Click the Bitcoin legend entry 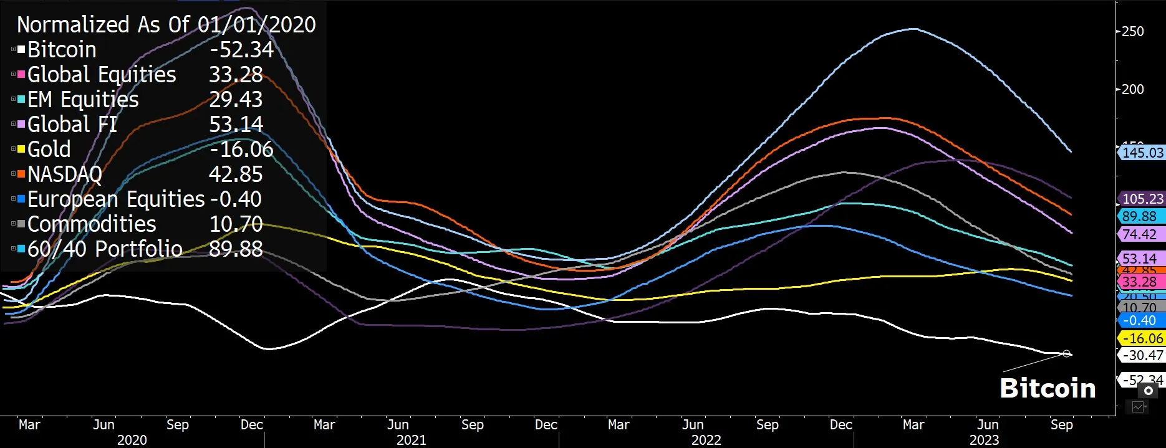[x=62, y=50]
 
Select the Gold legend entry [x=49, y=150]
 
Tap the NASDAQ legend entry [x=64, y=174]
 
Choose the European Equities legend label [x=116, y=199]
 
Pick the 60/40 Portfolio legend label [x=105, y=249]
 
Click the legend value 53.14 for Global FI [x=236, y=125]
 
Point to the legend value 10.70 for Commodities [x=236, y=224]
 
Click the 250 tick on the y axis [x=1132, y=31]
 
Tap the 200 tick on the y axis [x=1132, y=89]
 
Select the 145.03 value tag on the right [x=1142, y=153]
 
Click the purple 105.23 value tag [x=1142, y=199]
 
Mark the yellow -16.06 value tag [x=1142, y=338]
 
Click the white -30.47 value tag [x=1142, y=355]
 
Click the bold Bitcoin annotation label [x=1048, y=388]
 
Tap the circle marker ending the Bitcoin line [x=1067, y=354]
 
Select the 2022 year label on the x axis [x=706, y=440]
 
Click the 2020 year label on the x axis [x=132, y=440]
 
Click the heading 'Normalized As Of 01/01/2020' [x=166, y=24]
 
